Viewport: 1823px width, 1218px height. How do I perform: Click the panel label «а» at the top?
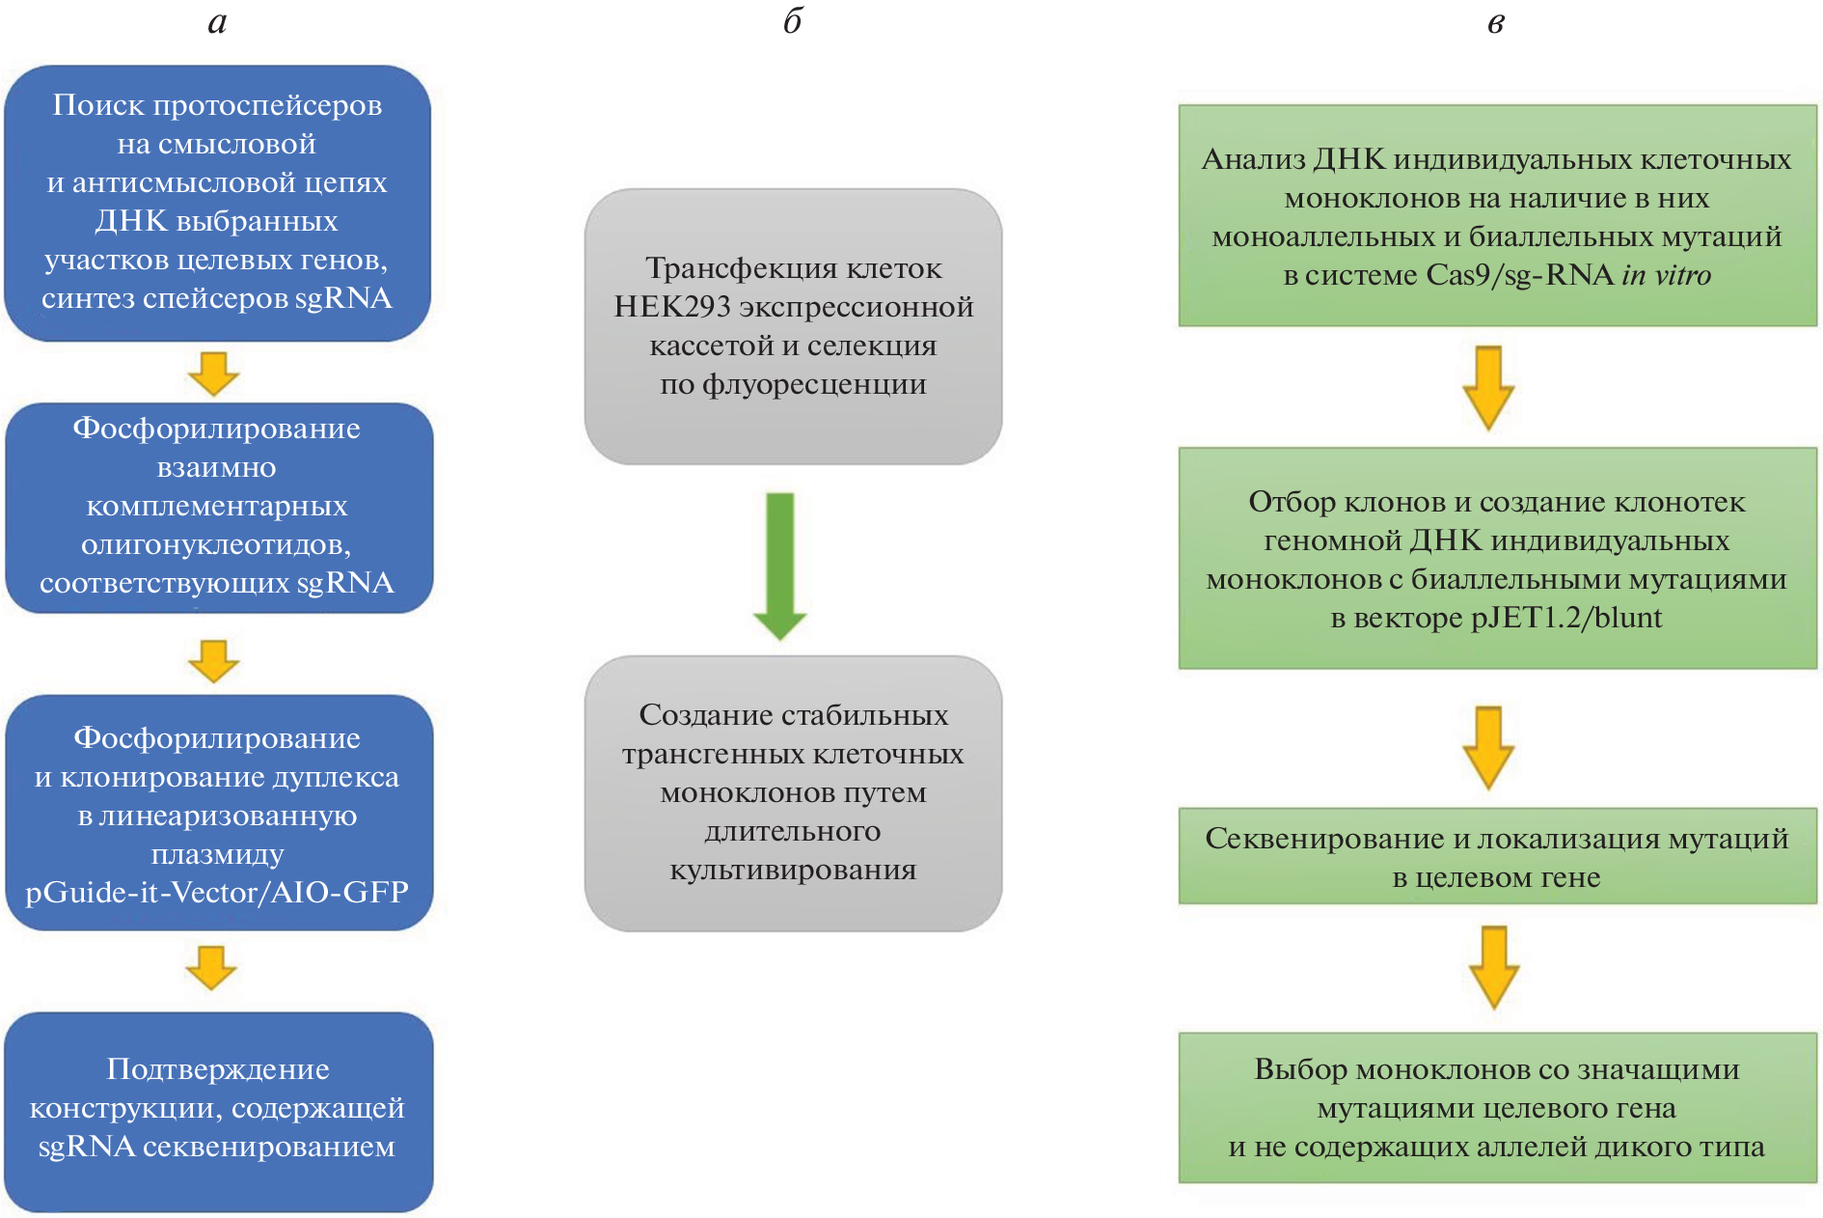tap(217, 22)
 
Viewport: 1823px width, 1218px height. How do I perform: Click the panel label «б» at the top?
tap(792, 20)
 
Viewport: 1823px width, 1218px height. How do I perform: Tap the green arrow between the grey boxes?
tap(779, 565)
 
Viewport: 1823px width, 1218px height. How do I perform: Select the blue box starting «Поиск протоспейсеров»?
tap(217, 203)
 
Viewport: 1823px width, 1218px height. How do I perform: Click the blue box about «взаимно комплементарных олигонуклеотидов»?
tap(218, 508)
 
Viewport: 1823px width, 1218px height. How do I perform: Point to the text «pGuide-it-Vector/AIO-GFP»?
tap(217, 892)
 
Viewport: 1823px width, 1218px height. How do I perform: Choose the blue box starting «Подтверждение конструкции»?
tap(218, 1110)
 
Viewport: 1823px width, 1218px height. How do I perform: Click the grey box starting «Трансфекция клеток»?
tap(793, 326)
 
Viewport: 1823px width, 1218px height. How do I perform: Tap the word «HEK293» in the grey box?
tap(672, 307)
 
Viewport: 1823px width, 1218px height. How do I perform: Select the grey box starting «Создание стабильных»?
tap(793, 792)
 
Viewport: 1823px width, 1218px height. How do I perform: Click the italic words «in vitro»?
tap(1666, 275)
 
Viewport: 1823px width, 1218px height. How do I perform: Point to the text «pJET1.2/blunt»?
tap(1566, 618)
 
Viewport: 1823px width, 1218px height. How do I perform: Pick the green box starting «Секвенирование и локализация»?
tap(1497, 856)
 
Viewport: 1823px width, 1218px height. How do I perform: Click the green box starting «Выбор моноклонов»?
tap(1497, 1107)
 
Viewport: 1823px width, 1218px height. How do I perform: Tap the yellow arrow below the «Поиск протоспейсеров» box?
tap(213, 374)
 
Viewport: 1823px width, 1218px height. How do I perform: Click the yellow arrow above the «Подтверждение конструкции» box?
tap(211, 967)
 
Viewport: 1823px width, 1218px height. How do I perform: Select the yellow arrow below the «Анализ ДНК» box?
tap(1488, 387)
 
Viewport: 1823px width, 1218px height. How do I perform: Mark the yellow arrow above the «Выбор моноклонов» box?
tap(1494, 967)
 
